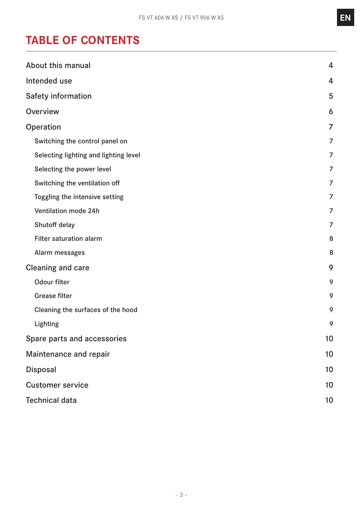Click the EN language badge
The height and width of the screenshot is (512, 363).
click(x=345, y=18)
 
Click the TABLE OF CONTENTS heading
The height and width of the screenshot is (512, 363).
click(x=82, y=40)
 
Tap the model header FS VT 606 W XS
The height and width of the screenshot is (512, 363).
click(x=158, y=18)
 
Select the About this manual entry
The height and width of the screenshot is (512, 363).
click(x=58, y=65)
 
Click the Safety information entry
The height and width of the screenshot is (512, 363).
click(x=59, y=96)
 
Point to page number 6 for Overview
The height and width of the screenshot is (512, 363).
click(x=331, y=112)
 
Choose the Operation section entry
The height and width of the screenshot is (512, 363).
click(x=44, y=127)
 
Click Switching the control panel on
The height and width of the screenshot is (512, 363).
click(x=81, y=141)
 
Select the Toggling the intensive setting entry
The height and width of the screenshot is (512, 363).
click(x=79, y=197)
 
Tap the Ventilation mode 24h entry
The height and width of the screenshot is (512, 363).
click(x=67, y=211)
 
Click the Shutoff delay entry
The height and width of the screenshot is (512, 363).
click(x=55, y=225)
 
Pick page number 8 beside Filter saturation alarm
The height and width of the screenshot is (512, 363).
click(x=331, y=239)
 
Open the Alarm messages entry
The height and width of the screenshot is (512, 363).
click(x=60, y=253)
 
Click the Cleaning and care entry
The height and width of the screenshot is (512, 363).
click(x=58, y=268)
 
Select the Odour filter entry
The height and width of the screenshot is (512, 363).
click(x=52, y=282)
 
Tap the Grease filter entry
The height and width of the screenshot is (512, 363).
click(x=53, y=296)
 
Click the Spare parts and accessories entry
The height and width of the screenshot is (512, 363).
click(x=76, y=339)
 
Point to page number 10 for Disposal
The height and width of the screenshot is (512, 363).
click(x=329, y=370)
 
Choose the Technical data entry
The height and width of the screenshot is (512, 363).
click(x=51, y=400)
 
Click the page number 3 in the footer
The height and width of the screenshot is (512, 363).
click(x=181, y=495)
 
